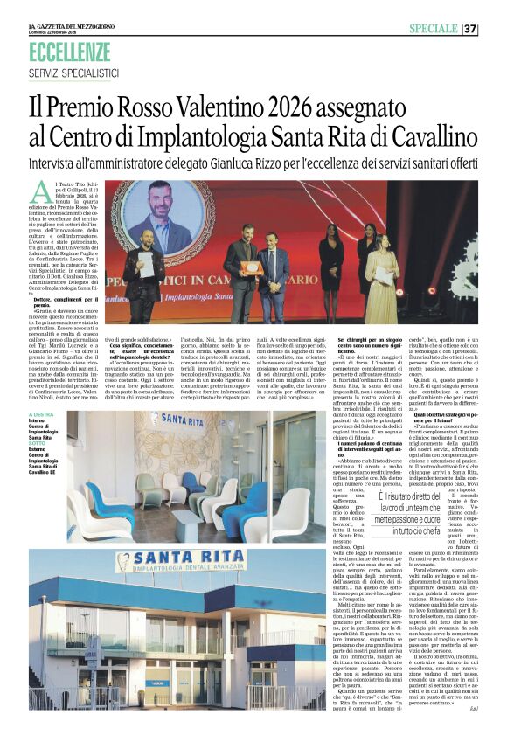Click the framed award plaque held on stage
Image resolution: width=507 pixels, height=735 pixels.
252,267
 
